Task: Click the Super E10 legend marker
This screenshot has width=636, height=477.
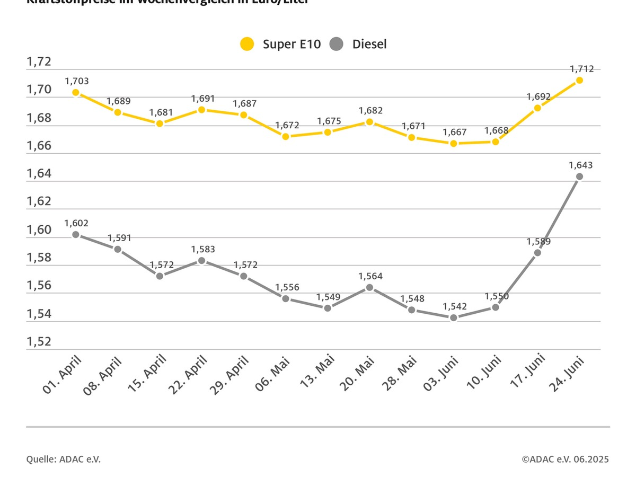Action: tap(247, 44)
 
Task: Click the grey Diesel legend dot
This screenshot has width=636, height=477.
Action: tap(337, 44)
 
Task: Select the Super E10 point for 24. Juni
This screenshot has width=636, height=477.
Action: tap(579, 80)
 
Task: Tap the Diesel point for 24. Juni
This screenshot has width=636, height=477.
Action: tap(579, 176)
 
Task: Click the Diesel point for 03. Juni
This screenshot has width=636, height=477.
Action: tap(453, 317)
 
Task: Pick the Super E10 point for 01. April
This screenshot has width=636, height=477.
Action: tap(76, 92)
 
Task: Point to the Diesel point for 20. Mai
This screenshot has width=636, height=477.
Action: tap(369, 287)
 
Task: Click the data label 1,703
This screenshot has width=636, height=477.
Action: tap(77, 81)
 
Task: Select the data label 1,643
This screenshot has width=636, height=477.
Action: tap(580, 165)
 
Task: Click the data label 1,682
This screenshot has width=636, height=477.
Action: tap(370, 111)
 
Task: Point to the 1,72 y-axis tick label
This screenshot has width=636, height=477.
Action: tap(39, 62)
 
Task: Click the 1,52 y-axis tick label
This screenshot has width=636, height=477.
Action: tap(39, 342)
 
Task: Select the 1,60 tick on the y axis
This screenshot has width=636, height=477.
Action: tap(39, 230)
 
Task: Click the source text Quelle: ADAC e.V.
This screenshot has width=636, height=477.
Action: tap(63, 459)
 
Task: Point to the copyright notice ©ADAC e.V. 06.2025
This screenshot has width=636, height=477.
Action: tap(565, 459)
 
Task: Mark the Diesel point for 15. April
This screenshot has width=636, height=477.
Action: tap(160, 276)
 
